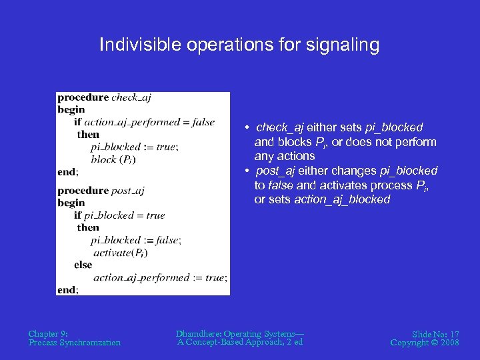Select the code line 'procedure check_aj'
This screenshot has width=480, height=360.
(104, 97)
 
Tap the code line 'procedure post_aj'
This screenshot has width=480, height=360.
(101, 191)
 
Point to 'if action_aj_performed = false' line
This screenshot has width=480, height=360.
(144, 122)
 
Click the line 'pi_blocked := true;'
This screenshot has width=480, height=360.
(135, 147)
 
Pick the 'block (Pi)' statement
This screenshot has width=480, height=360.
(113, 159)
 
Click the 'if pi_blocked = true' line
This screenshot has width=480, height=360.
(119, 215)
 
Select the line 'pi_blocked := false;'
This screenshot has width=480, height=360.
(136, 240)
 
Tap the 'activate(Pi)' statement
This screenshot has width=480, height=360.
(121, 253)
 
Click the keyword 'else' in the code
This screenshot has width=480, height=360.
(83, 265)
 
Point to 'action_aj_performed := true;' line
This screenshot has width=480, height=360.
(161, 277)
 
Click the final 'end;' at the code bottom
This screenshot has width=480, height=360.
(68, 290)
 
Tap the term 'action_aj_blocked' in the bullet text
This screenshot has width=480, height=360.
(342, 200)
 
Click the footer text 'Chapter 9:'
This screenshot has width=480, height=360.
(48, 333)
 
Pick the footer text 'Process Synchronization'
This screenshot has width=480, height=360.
(75, 343)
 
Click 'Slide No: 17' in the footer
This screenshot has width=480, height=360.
(435, 333)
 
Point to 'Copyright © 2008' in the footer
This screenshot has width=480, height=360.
(425, 343)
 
